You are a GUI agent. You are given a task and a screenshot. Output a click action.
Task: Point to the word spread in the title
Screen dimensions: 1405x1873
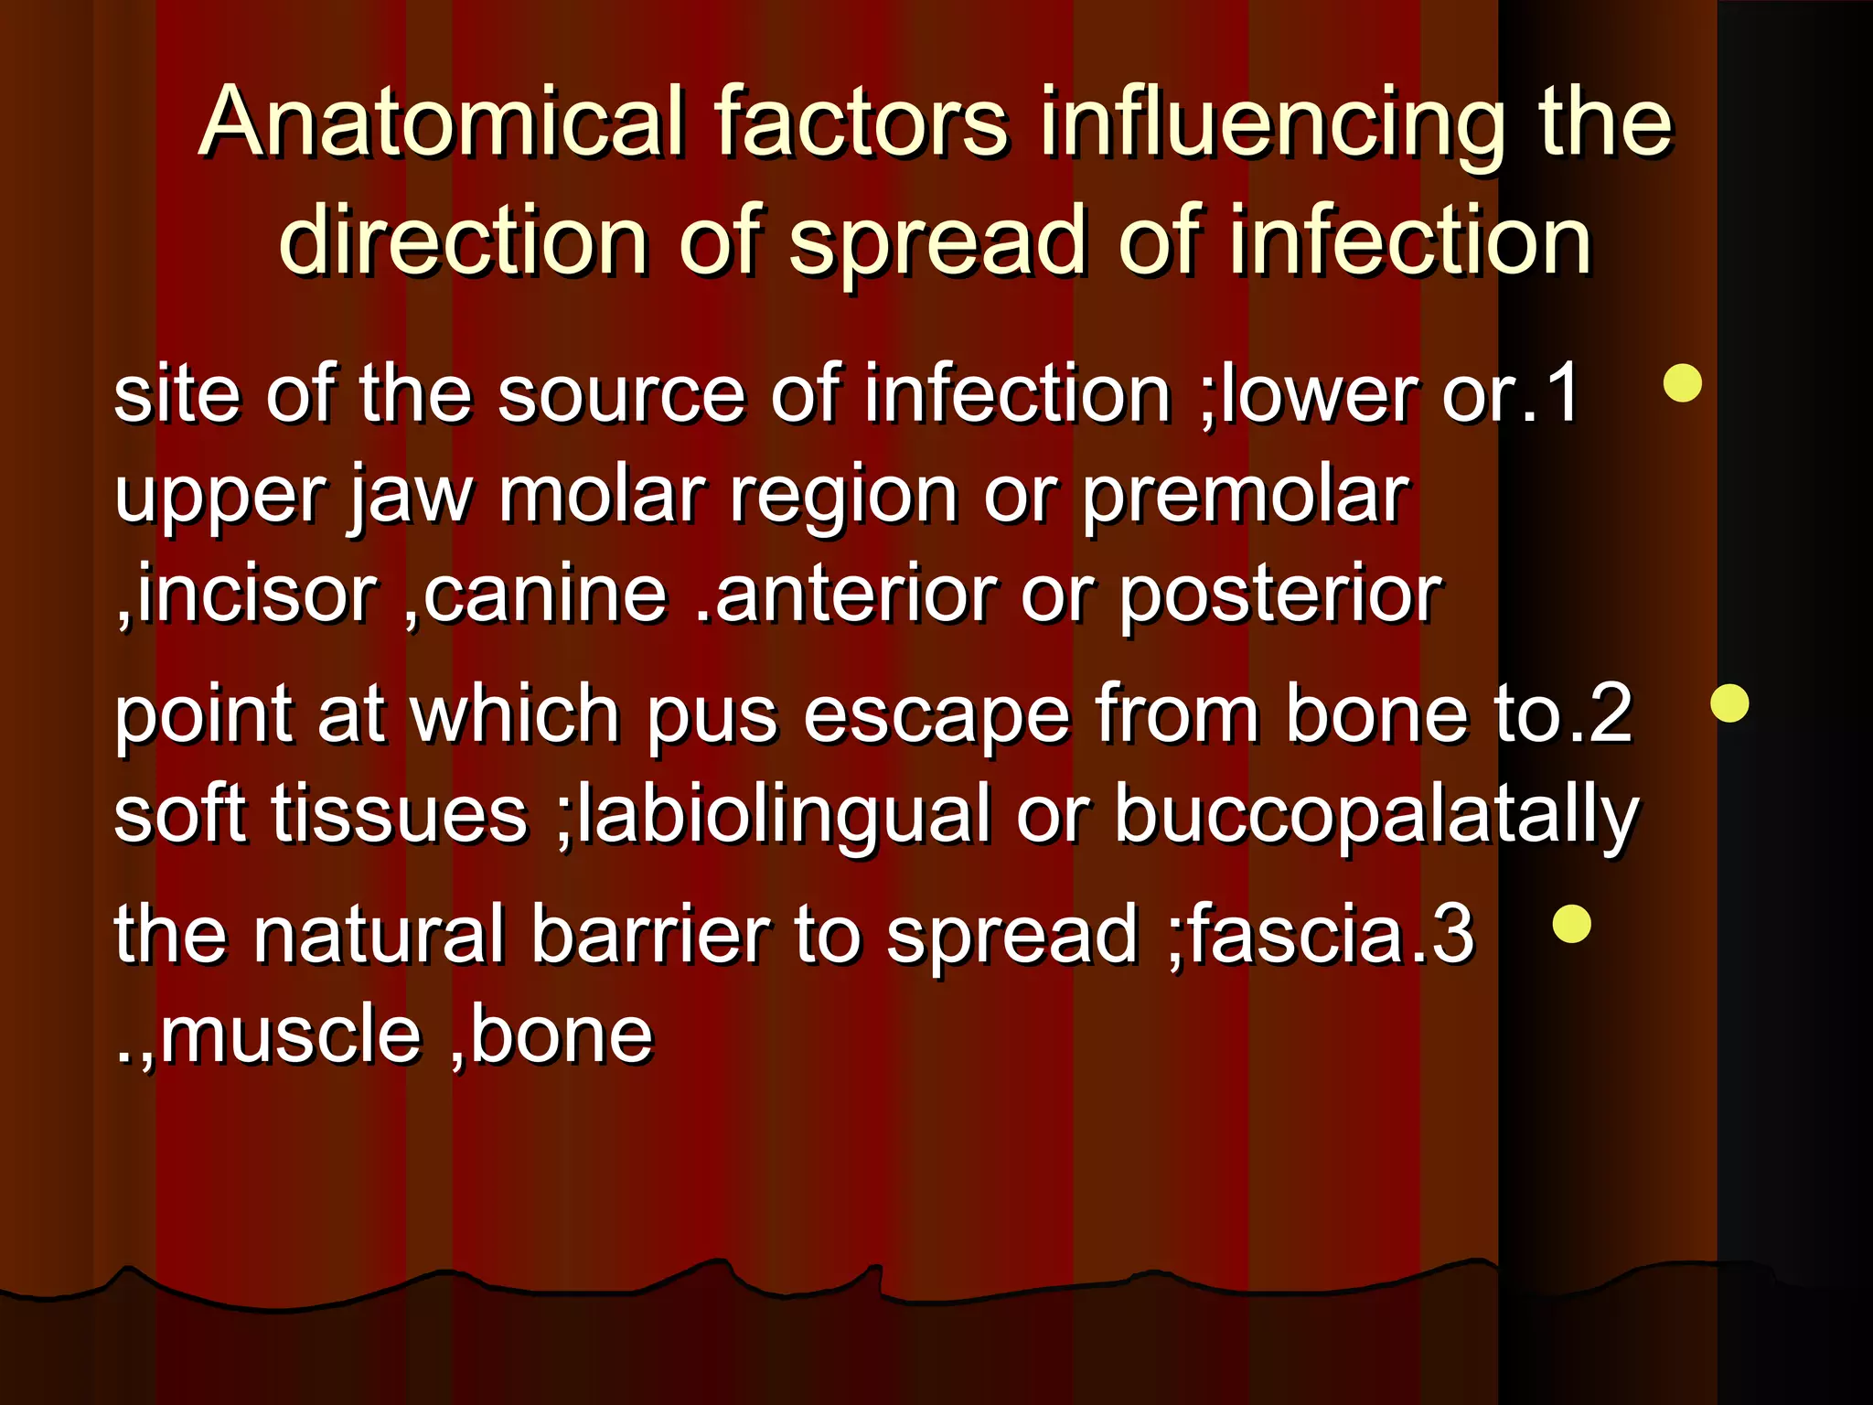tap(937, 241)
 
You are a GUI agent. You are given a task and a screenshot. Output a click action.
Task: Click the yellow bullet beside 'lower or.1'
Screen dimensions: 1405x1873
tap(1683, 383)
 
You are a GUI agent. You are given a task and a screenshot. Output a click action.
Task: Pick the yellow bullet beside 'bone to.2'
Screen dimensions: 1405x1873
tap(1729, 703)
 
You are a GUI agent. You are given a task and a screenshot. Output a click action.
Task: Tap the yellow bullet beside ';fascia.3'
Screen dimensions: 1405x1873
tap(1572, 924)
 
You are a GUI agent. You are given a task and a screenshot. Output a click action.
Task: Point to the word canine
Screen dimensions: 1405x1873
tap(545, 595)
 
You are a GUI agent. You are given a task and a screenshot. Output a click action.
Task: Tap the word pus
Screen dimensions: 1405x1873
tap(712, 715)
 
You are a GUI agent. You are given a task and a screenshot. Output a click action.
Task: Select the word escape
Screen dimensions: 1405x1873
tap(936, 715)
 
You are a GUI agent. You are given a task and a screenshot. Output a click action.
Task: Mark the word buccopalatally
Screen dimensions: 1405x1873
tap(1376, 814)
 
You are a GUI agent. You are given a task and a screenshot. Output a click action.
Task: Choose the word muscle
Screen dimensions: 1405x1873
tap(291, 1035)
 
